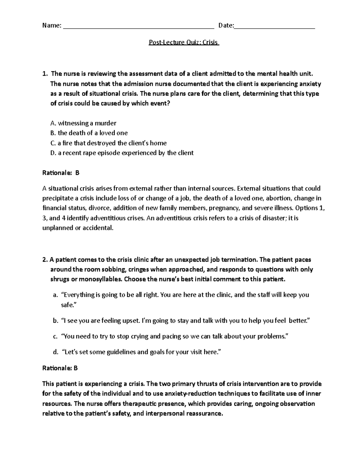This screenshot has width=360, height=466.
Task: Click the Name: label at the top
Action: pyautogui.click(x=52, y=26)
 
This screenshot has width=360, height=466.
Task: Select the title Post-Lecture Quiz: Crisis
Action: pyautogui.click(x=184, y=42)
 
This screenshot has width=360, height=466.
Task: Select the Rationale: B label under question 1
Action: pyautogui.click(x=61, y=173)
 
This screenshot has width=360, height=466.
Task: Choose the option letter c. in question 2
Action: pyautogui.click(x=55, y=336)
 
